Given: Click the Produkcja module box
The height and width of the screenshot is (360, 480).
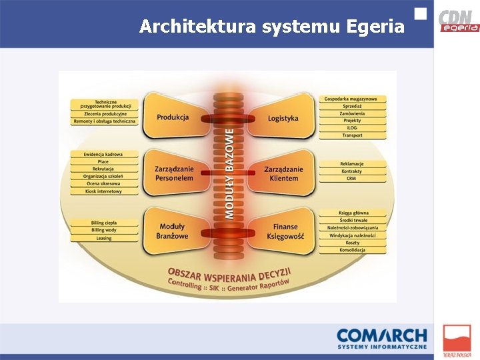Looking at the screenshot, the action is [173, 117].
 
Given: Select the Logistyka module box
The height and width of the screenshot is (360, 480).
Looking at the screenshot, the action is [283, 118].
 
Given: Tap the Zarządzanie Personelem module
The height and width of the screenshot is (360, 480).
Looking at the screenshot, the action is [174, 174].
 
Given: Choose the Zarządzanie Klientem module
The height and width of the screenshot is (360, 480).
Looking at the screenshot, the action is [283, 174].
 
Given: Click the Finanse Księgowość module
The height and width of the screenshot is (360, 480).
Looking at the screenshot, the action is [285, 231].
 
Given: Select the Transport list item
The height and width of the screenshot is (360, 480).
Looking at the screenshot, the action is [353, 135].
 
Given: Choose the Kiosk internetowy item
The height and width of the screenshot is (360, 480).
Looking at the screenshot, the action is [103, 191].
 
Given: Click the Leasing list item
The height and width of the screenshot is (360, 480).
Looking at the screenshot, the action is [103, 238].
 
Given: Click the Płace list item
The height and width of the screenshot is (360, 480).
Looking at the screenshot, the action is [103, 162].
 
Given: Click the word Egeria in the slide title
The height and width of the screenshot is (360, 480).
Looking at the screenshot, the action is [375, 27].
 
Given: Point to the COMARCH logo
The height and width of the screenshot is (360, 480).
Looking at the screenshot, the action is [381, 338].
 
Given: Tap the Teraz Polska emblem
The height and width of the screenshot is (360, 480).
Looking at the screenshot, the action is [457, 341].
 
